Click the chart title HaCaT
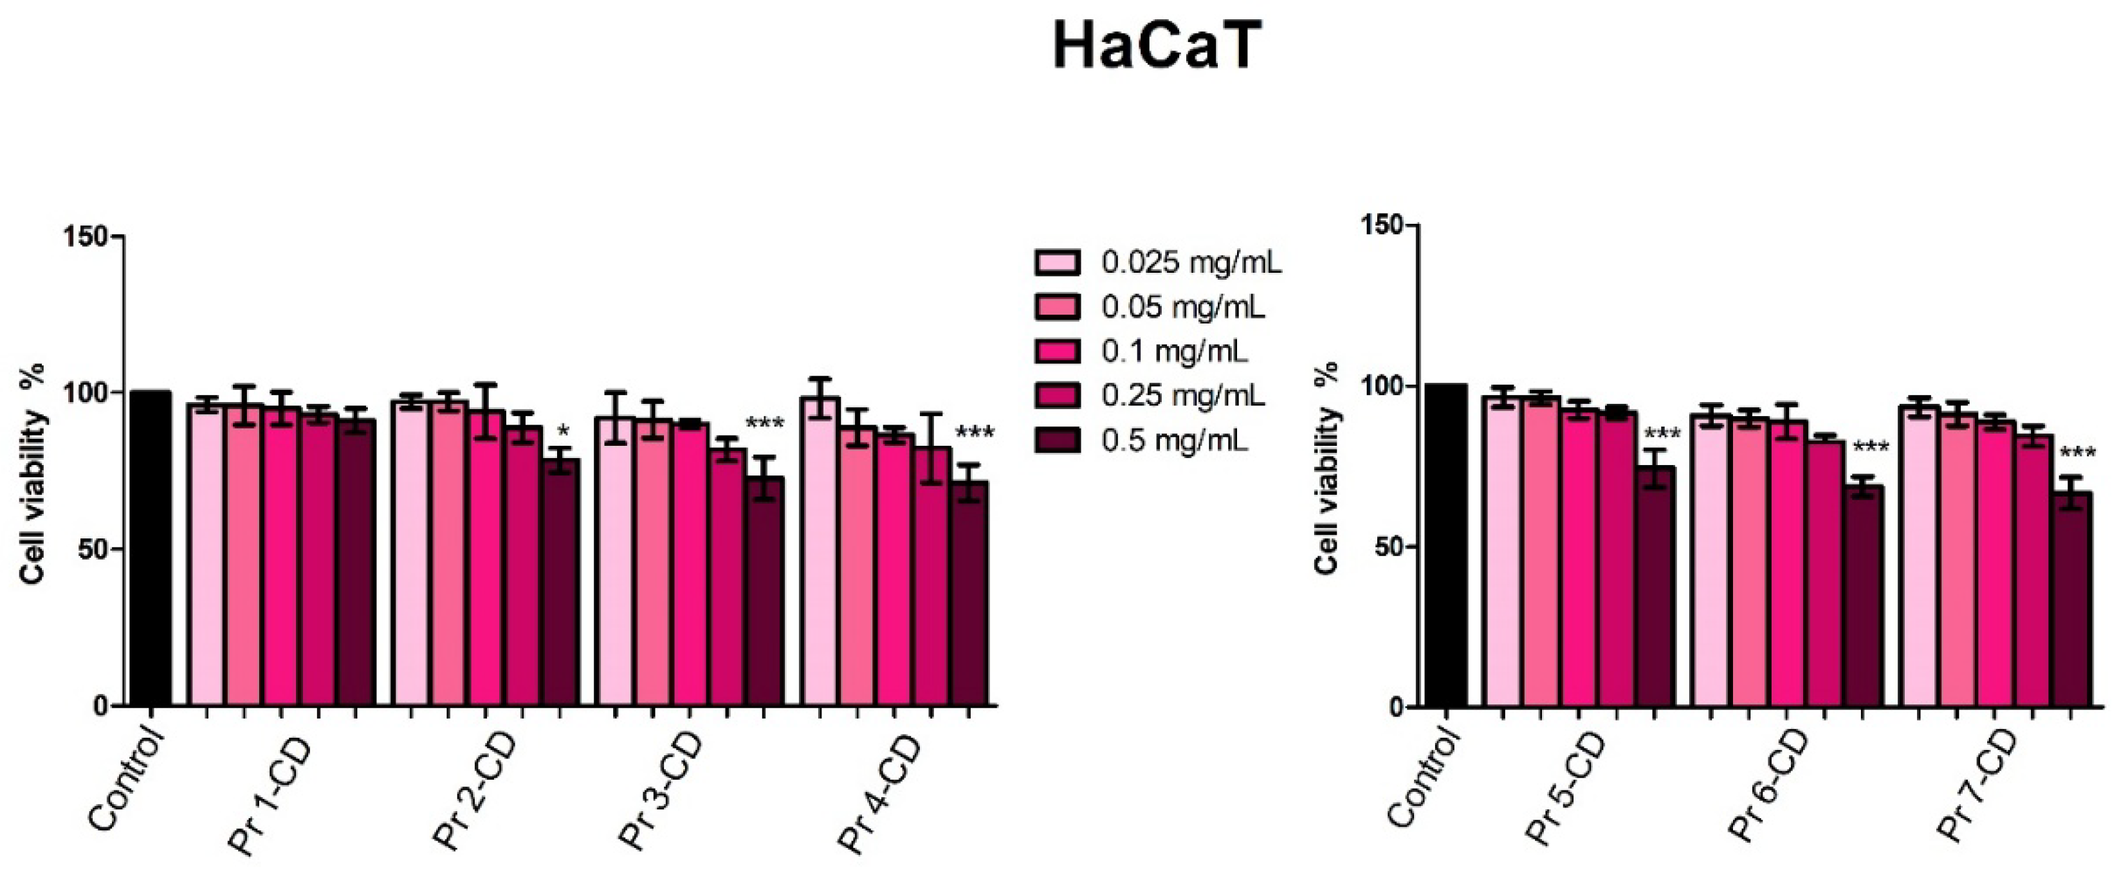1156,48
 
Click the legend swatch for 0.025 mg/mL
1056,263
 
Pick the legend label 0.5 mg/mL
1175,441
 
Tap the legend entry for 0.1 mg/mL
1175,352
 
